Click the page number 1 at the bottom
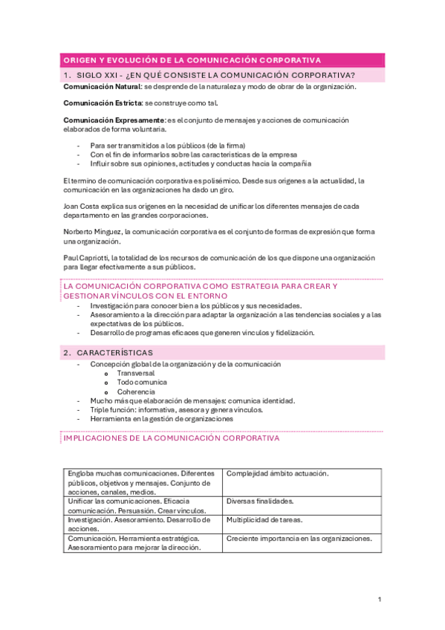coord(379,599)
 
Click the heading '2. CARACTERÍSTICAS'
coord(108,352)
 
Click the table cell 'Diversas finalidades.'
coord(260,501)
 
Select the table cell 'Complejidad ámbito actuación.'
coord(277,473)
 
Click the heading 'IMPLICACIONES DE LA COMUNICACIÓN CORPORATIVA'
coord(172,438)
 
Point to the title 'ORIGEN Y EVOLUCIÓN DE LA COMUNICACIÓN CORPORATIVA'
coord(192,60)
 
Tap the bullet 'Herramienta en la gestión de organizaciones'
coord(161,418)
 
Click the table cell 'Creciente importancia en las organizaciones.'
coord(299,539)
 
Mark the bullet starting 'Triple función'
coord(176,409)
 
